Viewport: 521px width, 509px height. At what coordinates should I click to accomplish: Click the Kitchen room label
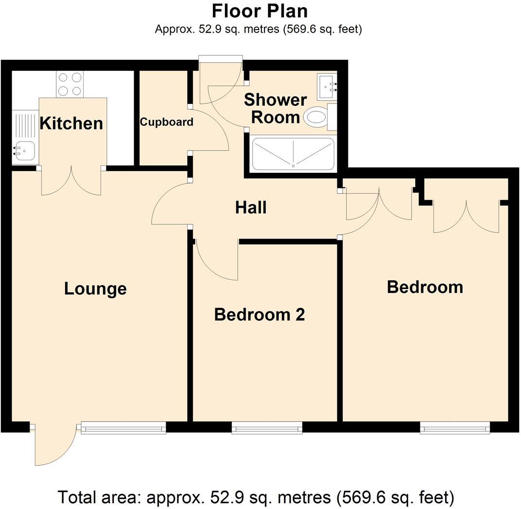coord(71,123)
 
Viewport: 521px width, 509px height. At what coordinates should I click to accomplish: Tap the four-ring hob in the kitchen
coord(70,84)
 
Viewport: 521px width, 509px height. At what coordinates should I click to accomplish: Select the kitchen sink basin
coord(21,151)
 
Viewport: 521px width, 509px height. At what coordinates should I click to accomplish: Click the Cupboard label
coord(166,122)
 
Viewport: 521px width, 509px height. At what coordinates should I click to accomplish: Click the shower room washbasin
coord(327,86)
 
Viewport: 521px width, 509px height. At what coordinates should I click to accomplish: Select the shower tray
coord(293,153)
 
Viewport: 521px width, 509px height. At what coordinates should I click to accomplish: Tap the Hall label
coord(251,208)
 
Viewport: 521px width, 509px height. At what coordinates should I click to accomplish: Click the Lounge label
coord(95,288)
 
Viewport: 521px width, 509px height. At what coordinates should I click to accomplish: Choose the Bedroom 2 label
coord(259,315)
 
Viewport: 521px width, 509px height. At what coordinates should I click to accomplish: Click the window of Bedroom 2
coord(267,427)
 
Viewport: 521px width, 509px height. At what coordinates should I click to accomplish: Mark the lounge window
coord(123,427)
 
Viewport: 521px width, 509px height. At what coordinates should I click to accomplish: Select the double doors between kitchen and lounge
coord(71,181)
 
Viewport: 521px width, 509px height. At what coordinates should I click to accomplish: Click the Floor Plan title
coord(260,10)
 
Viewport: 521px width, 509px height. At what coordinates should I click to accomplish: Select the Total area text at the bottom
coord(256,497)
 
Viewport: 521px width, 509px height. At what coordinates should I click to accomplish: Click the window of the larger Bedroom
coord(455,427)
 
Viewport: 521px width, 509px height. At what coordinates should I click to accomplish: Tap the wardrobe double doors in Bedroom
coord(467,216)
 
